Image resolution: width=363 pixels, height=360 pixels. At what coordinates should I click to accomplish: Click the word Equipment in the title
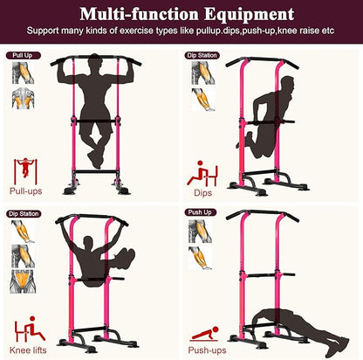point(249,15)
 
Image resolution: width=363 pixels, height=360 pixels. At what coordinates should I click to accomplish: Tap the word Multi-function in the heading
point(139,14)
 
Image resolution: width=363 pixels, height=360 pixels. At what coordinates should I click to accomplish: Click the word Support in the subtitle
point(43,31)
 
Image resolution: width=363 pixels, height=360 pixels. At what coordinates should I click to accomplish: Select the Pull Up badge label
point(23,55)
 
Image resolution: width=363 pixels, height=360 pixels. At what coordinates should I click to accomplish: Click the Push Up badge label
point(200,212)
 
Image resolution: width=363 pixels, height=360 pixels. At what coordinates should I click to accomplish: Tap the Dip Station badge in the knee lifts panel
point(24,214)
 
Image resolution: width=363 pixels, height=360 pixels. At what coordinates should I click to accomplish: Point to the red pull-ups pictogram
point(25,171)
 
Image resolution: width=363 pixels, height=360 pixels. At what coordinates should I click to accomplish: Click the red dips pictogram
point(202,174)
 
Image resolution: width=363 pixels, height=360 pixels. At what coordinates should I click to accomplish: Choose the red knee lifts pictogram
point(30,329)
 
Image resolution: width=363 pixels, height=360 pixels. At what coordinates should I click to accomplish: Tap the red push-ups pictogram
point(204,334)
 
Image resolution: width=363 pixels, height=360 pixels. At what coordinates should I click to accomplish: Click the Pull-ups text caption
point(26,191)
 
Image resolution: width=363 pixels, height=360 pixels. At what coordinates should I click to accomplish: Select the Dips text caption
point(202,193)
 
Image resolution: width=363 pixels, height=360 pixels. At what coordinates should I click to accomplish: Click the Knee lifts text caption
point(28,350)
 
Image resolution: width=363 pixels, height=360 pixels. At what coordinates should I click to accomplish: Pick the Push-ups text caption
point(207,350)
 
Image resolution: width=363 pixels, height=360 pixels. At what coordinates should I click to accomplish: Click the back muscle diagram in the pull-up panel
point(24,98)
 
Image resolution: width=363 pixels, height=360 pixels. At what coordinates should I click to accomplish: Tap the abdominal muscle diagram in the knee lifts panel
point(23,281)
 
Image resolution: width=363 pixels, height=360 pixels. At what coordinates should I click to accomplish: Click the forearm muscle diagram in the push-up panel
point(200,258)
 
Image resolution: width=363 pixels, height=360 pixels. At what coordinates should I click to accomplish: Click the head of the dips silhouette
point(287,85)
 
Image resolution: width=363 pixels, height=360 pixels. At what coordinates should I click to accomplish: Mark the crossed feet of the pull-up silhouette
point(96,159)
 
